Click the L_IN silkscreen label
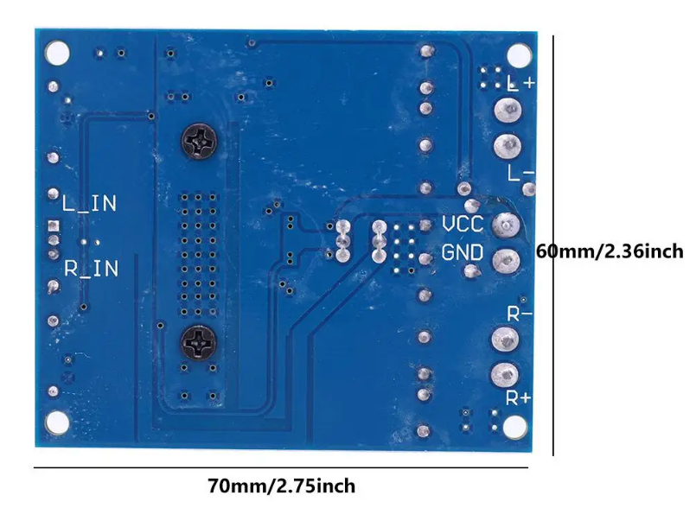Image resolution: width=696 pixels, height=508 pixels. [90, 204]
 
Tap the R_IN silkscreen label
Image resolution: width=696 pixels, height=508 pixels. [92, 269]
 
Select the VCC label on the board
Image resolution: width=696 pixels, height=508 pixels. [463, 225]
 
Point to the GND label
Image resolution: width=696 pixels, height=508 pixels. [463, 253]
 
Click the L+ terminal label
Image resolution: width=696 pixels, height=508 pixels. [521, 83]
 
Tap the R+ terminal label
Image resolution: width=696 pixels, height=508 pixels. [519, 398]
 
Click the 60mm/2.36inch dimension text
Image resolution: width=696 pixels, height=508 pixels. [610, 252]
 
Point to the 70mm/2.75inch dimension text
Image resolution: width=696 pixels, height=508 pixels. [282, 486]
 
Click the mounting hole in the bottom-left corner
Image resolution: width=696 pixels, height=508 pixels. [57, 421]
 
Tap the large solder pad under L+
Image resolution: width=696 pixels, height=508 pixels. [507, 111]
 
